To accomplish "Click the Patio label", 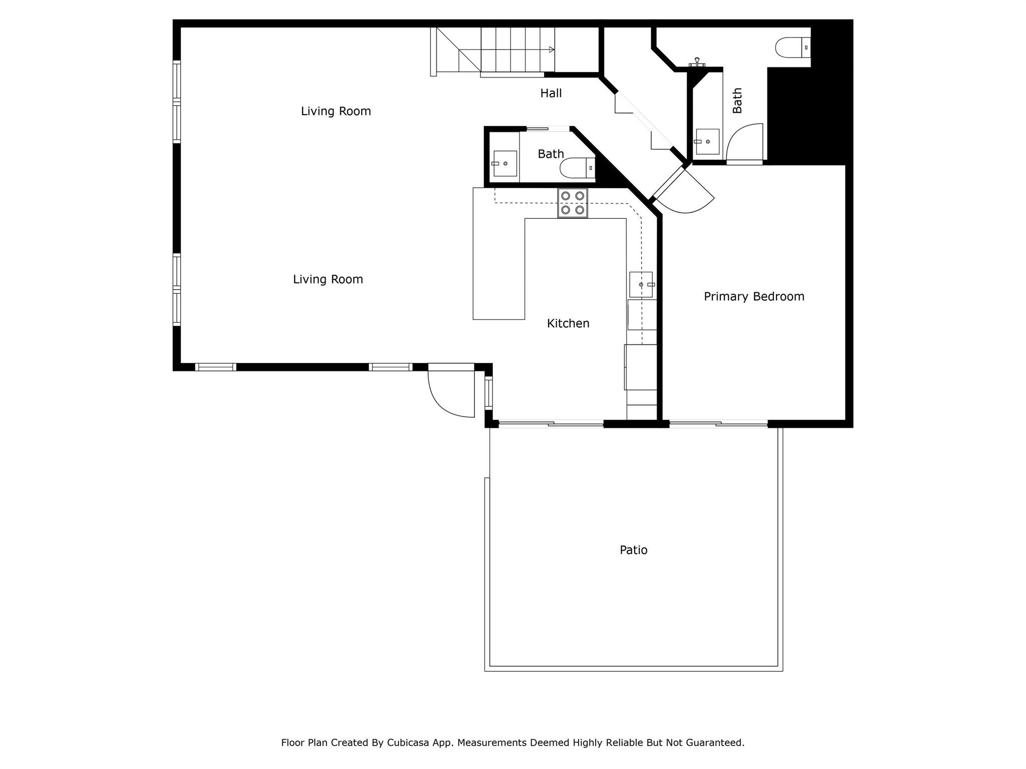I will coord(633,550).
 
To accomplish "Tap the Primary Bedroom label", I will coord(753,296).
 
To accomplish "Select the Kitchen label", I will coord(568,323).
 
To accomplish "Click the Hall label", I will coord(551,93).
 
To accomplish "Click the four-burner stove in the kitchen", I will coord(572,203).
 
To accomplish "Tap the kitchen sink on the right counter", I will coord(641,284).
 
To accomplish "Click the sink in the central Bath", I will coord(504,163).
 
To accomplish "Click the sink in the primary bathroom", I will coord(707,142).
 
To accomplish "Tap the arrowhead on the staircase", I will coord(552,50).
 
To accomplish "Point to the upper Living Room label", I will coord(336,111).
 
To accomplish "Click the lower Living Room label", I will coord(328,279).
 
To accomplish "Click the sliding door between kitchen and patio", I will coord(551,424).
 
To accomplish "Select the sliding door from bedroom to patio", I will coord(718,424).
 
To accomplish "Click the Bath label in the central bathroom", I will coord(551,154).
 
